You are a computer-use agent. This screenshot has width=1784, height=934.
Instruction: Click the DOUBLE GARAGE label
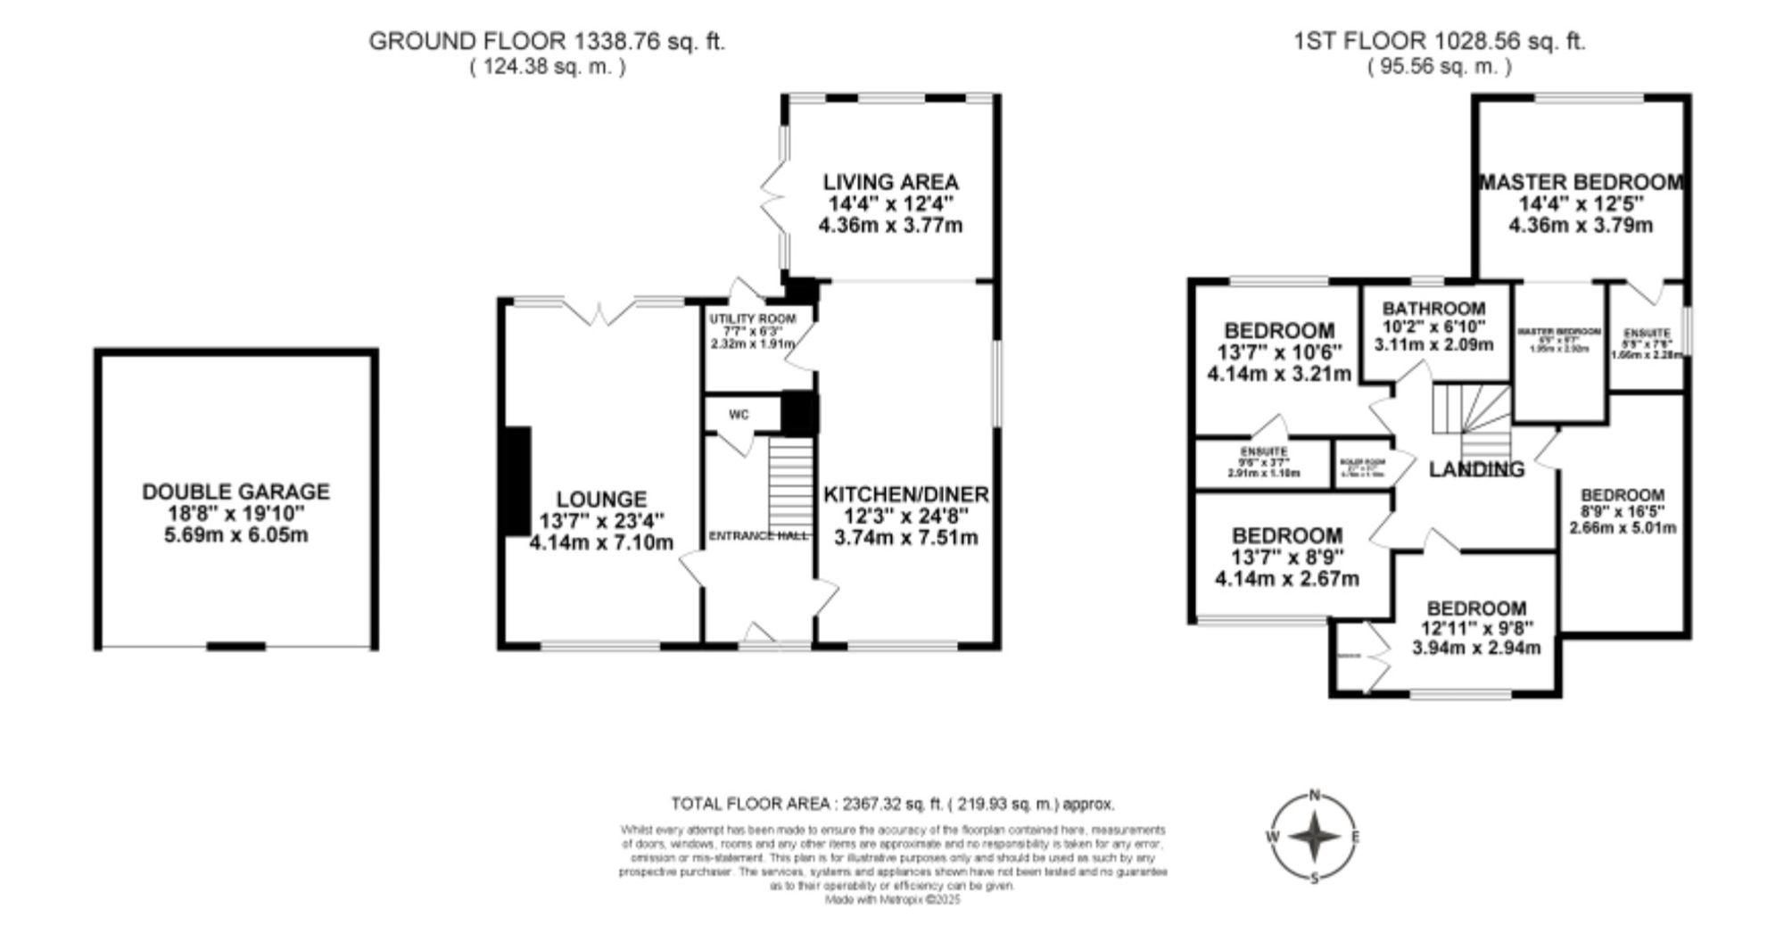click(x=235, y=492)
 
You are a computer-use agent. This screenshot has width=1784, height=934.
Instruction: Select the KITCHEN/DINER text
click(x=905, y=494)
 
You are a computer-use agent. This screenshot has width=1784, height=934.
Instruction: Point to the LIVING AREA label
click(x=890, y=182)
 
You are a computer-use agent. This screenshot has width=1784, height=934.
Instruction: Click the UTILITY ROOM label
click(x=752, y=318)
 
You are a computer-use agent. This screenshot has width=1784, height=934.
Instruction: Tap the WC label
click(x=739, y=415)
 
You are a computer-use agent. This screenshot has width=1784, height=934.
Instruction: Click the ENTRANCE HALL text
click(x=757, y=535)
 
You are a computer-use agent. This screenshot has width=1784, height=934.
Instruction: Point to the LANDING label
click(x=1476, y=469)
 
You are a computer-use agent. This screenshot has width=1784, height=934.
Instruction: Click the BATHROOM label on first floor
click(x=1434, y=309)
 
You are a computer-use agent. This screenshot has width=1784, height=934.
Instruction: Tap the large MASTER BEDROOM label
click(x=1581, y=182)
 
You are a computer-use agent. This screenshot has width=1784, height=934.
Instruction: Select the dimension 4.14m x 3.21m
click(x=1278, y=374)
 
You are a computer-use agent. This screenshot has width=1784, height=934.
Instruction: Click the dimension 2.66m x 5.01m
click(x=1623, y=527)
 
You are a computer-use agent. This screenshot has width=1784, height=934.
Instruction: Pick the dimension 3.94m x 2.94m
click(x=1476, y=648)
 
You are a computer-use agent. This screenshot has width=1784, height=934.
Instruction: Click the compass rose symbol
click(x=1314, y=838)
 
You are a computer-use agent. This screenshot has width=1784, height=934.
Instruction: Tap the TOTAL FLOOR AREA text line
click(x=892, y=804)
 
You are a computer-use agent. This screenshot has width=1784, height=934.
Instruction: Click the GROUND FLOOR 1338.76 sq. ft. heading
click(x=547, y=41)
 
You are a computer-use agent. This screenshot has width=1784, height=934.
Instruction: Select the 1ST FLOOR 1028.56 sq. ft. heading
click(x=1440, y=41)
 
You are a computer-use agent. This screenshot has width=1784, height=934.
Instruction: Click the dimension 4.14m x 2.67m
click(x=1286, y=579)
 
